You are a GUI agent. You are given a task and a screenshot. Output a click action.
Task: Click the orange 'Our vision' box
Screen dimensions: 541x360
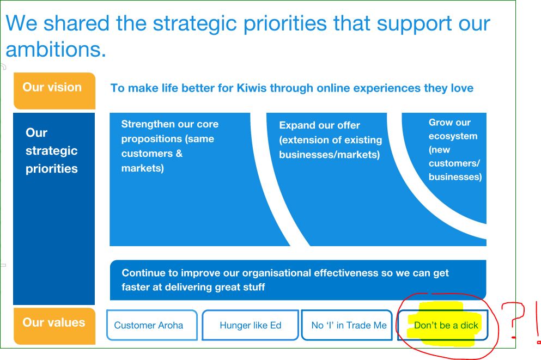coord(54,91)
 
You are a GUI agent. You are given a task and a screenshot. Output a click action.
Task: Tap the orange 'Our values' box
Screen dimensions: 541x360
coord(54,326)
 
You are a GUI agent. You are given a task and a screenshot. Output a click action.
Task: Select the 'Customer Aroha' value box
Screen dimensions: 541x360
coord(152,325)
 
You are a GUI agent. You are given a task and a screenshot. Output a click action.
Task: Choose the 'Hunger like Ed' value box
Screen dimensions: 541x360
coord(250,325)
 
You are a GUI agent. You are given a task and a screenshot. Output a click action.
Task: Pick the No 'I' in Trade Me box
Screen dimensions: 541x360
coord(347,325)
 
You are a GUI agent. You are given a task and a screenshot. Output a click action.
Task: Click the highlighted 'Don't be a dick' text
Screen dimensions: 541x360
coord(446,325)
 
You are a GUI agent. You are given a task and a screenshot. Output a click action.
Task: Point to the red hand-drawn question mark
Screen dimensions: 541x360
coord(513,320)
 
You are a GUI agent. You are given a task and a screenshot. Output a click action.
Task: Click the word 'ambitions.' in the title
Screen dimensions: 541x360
coord(56,50)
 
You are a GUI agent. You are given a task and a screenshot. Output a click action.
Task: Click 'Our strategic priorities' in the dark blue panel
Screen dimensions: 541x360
coord(52,151)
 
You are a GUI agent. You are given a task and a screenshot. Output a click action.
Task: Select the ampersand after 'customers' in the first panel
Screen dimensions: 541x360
coord(179,153)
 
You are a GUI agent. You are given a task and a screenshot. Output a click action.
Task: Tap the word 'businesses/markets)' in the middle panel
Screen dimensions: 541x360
coord(330,155)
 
